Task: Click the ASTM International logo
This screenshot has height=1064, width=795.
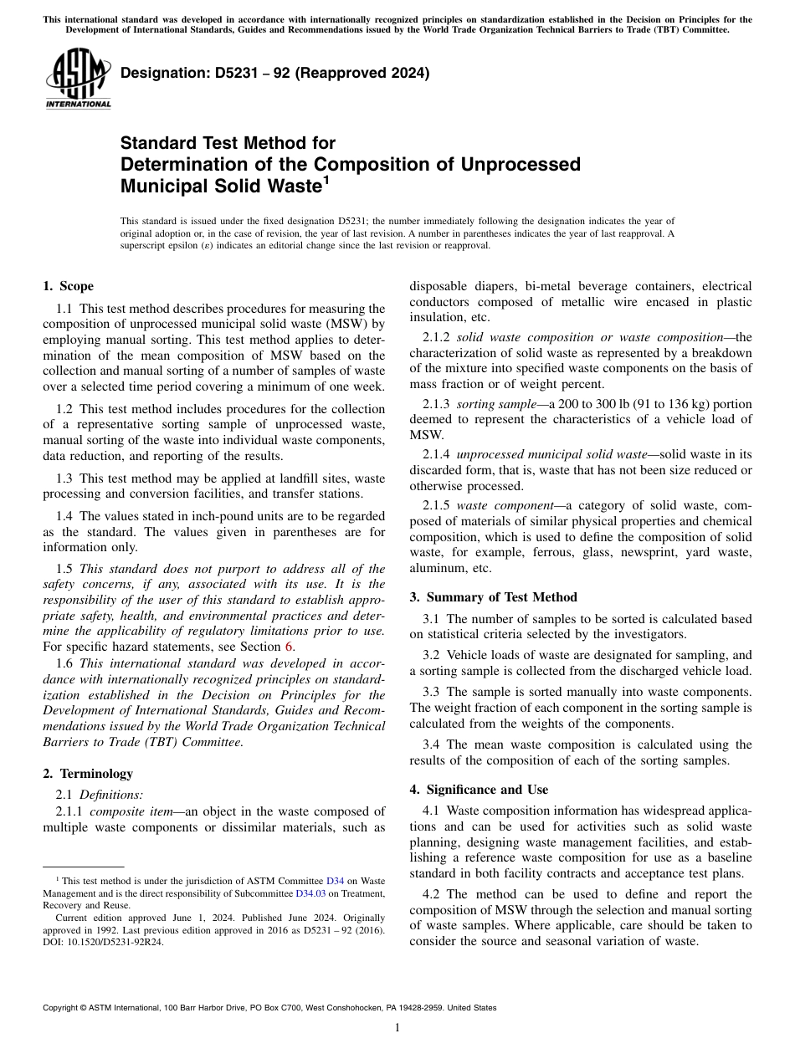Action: pyautogui.click(x=78, y=79)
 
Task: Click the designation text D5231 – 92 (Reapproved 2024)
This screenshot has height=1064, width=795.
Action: pyautogui.click(x=274, y=74)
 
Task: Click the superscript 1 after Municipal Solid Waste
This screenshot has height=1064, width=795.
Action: pyautogui.click(x=326, y=178)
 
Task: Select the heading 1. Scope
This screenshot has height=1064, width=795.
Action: pyautogui.click(x=68, y=286)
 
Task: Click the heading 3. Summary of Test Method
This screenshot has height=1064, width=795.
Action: pyautogui.click(x=493, y=597)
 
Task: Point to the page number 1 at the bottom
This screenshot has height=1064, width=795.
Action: pyautogui.click(x=397, y=1028)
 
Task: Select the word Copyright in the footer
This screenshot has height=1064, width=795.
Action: pyautogui.click(x=64, y=1008)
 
